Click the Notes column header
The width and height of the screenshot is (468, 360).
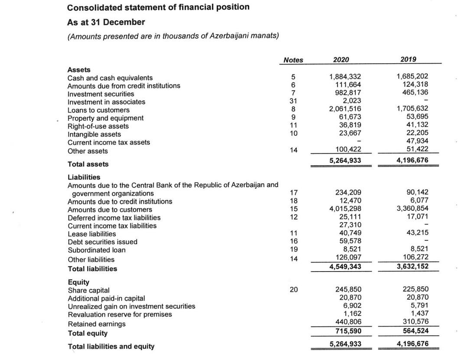point(293,60)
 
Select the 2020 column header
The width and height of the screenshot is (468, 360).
point(341,59)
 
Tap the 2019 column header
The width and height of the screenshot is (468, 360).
point(409,59)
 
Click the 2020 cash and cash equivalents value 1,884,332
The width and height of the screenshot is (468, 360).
point(345,78)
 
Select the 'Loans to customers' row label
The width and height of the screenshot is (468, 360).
point(98,110)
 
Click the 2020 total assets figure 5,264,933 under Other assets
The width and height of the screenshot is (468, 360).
point(345,161)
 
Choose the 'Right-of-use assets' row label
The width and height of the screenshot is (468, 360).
point(98,126)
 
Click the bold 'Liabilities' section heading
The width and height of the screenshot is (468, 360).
point(84,177)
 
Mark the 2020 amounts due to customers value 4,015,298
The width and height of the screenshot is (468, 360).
point(345,209)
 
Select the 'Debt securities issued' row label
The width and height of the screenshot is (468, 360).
point(102,242)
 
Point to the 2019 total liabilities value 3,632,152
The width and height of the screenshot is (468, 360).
point(413,266)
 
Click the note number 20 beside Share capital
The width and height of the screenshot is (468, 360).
point(293,290)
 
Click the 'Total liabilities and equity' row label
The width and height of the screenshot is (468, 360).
point(111,346)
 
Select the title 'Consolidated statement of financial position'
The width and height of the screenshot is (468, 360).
point(158,7)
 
